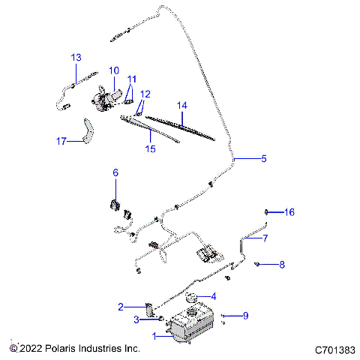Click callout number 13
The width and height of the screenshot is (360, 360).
pos(76,58)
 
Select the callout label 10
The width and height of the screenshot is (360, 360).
pos(113,71)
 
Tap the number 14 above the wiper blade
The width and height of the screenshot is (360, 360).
pos(180,106)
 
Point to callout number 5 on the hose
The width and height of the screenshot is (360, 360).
pos(263,158)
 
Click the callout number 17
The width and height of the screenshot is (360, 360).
pos(61,139)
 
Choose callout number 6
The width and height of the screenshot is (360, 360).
pos(115,173)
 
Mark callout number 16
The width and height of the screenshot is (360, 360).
pos(289,212)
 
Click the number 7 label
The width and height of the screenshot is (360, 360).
pos(263,240)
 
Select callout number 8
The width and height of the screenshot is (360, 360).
pos(282,264)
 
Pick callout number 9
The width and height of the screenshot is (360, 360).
pos(244,316)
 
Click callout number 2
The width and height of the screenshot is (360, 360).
pos(120,306)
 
